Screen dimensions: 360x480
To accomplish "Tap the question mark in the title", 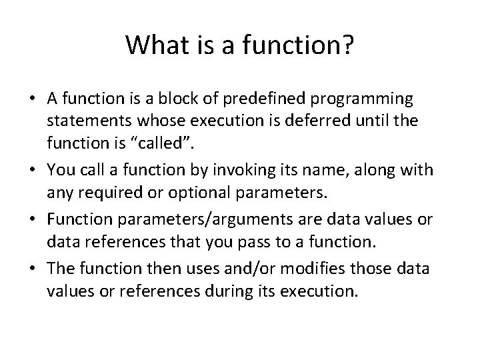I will point(349,45).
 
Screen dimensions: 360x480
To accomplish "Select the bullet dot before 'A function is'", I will point(33,100).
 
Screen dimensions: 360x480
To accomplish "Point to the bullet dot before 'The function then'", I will point(33,271).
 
